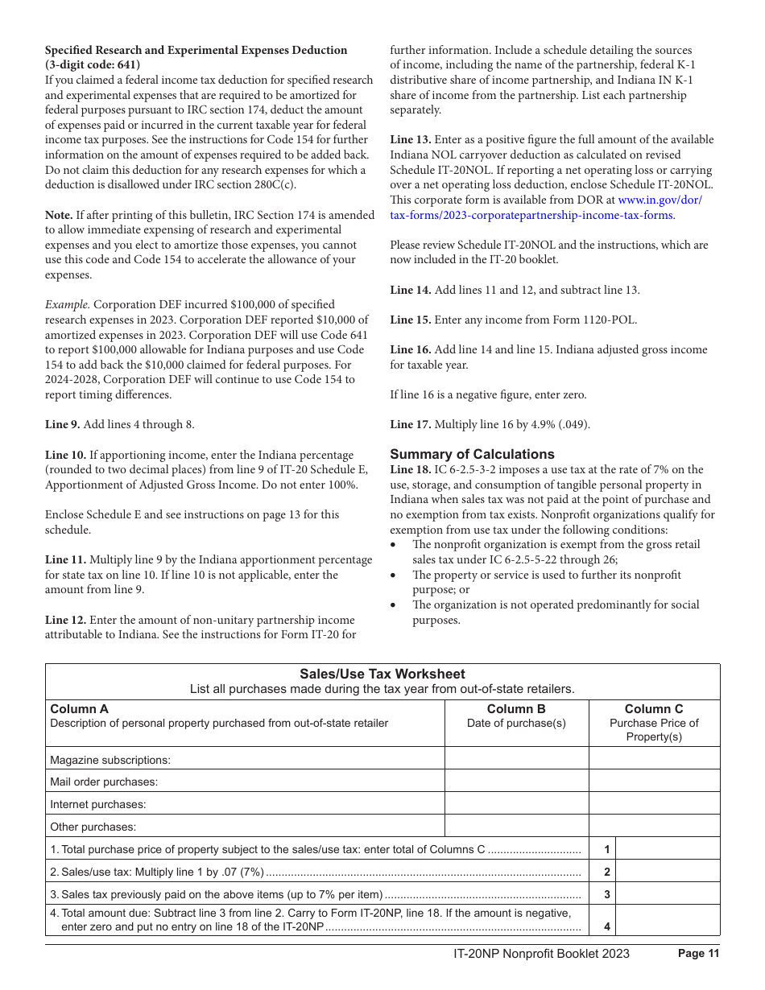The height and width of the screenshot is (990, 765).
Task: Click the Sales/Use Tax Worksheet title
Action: pyautogui.click(x=382, y=674)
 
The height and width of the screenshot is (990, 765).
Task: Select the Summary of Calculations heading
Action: pyautogui.click(x=472, y=454)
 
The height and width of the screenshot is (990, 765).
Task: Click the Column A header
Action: pyautogui.click(x=79, y=709)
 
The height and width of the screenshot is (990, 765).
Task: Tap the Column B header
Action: pyautogui.click(x=516, y=709)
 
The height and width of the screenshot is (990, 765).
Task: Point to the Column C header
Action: pyautogui.click(x=654, y=709)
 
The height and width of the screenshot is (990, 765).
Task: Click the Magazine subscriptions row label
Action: pyautogui.click(x=110, y=760)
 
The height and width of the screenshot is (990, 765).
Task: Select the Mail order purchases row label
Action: pyautogui.click(x=104, y=782)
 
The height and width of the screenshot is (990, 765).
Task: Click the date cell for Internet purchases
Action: pyautogui.click(x=516, y=803)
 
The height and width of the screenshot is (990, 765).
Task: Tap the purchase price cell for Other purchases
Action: pyautogui.click(x=654, y=826)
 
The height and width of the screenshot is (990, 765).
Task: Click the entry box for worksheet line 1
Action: pyautogui.click(x=668, y=848)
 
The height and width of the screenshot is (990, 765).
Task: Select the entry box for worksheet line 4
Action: pyautogui.click(x=668, y=920)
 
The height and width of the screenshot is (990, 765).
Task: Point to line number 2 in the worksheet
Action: pyautogui.click(x=607, y=872)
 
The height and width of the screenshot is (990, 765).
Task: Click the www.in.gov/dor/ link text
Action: pyautogui.click(x=660, y=200)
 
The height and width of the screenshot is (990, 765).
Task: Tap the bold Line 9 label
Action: pyautogui.click(x=63, y=424)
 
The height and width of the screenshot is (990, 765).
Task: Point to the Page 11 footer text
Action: pyautogui.click(x=698, y=954)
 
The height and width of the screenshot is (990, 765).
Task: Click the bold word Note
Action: pyautogui.click(x=59, y=215)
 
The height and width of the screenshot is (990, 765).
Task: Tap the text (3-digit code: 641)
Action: pyautogui.click(x=92, y=64)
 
